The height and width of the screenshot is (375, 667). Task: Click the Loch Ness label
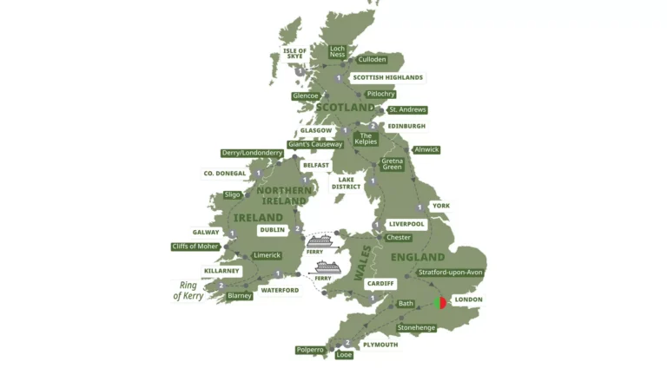(x=337, y=52)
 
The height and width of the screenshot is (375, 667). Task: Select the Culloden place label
(x=372, y=60)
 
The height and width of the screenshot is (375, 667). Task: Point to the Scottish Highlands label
(x=387, y=77)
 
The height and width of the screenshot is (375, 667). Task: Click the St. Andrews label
(x=407, y=110)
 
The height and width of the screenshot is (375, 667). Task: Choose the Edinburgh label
(x=406, y=126)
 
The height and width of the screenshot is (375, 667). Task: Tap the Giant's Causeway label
(x=315, y=144)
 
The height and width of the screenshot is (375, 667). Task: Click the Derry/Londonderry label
(x=252, y=153)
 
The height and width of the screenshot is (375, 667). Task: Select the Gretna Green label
(x=393, y=164)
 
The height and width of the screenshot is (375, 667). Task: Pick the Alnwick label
(x=426, y=149)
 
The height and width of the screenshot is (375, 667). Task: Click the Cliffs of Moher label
(x=195, y=247)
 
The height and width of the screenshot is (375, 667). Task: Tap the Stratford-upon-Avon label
(x=451, y=273)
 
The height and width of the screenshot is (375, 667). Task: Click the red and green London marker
(x=440, y=303)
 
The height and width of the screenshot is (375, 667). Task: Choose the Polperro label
(x=310, y=350)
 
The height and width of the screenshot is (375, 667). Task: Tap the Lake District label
(x=346, y=182)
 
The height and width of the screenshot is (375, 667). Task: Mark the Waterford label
(x=280, y=290)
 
